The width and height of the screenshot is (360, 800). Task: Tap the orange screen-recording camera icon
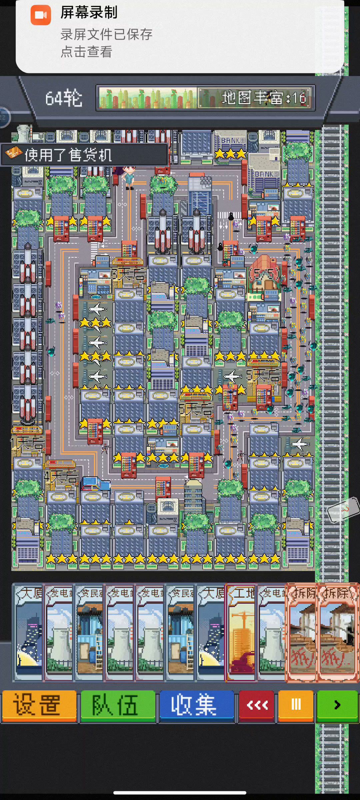pyautogui.click(x=41, y=15)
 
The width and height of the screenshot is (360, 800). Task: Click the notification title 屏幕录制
pyautogui.click(x=89, y=13)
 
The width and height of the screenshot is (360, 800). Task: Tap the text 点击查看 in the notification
pyautogui.click(x=86, y=52)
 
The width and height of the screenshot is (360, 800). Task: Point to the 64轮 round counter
pyautogui.click(x=64, y=98)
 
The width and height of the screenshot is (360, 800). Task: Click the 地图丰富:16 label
pyautogui.click(x=263, y=98)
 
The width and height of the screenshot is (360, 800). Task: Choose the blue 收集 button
pyautogui.click(x=197, y=705)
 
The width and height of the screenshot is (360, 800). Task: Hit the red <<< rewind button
pyautogui.click(x=257, y=705)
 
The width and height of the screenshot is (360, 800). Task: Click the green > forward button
pyautogui.click(x=337, y=705)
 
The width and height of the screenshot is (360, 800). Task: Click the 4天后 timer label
pyautogui.click(x=62, y=477)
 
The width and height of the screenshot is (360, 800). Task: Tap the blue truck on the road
pyautogui.click(x=95, y=484)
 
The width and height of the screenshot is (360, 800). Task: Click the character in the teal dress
pyautogui.click(x=129, y=177)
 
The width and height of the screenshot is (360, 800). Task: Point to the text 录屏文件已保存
pyautogui.click(x=106, y=35)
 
